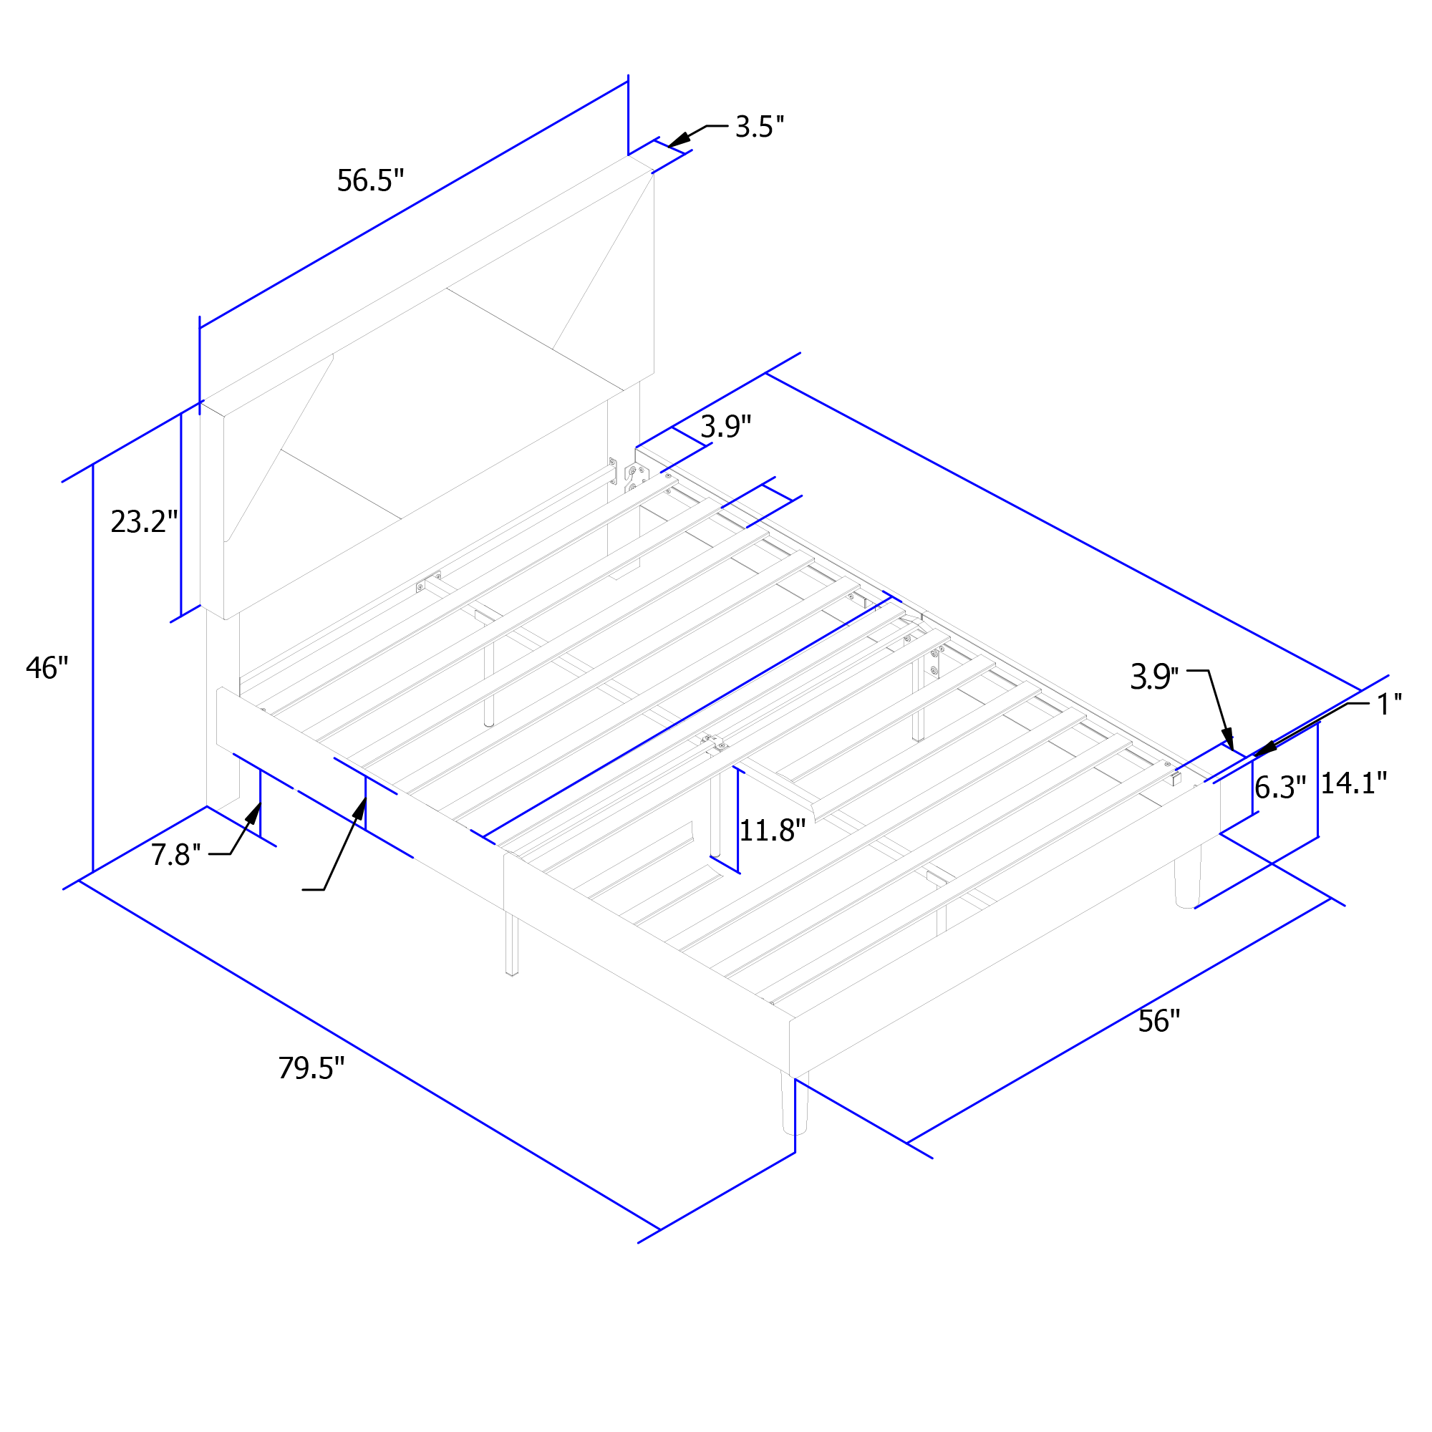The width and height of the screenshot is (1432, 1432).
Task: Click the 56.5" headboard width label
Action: point(371,181)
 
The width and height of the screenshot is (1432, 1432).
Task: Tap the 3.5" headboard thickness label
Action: point(760,127)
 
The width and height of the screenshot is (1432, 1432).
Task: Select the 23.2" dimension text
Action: point(145,522)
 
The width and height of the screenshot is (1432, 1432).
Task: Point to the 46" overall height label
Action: point(47,668)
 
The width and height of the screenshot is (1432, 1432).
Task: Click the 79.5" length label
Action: point(311,1068)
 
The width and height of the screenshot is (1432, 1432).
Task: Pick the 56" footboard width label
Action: point(1158,1022)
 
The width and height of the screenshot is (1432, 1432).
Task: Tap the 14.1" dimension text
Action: point(1354,783)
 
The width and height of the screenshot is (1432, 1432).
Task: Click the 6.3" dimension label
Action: point(1281,787)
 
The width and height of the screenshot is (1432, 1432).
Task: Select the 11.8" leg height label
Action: point(773,830)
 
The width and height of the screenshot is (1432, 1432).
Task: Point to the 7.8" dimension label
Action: point(176,855)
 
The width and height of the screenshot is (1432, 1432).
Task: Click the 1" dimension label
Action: point(1389,704)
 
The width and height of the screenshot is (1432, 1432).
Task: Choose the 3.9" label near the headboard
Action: point(725,426)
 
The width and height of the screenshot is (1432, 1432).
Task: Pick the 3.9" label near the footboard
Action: point(1154,677)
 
